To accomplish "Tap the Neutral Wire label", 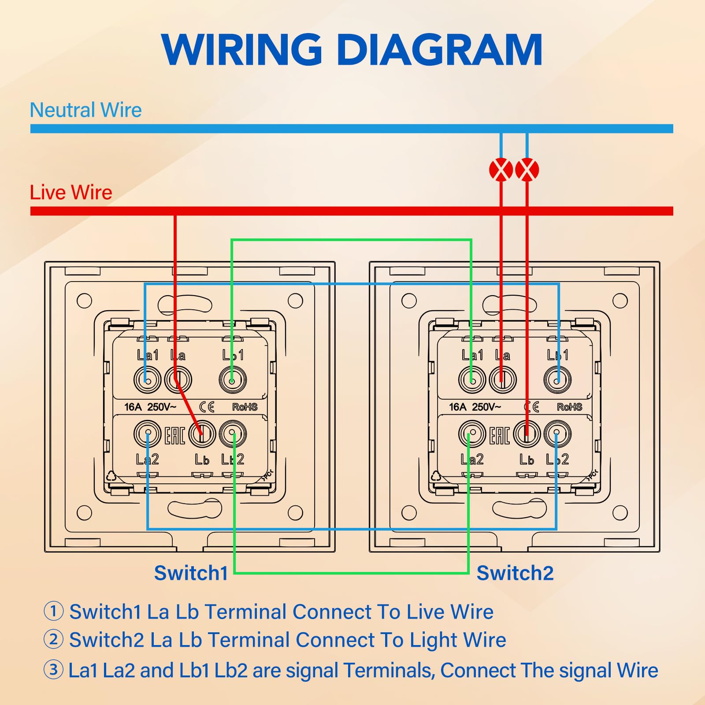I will point(85,110).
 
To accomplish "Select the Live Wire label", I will point(71,193).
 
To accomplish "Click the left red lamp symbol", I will point(501,170).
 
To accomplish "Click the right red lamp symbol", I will point(527,170).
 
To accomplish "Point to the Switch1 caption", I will point(191,573).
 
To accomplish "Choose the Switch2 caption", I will point(515,573).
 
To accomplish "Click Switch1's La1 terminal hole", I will point(147,380).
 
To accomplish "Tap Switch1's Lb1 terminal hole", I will point(233,380).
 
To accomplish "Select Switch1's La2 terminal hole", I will point(147,434).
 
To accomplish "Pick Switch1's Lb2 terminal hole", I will point(233,434).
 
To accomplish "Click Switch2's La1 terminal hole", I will point(472,380).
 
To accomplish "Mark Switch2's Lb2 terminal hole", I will point(557,434).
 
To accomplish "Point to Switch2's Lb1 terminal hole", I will point(557,380).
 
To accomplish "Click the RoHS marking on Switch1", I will point(245,407).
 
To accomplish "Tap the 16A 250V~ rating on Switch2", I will point(475,407).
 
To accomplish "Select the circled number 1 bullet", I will point(53,611).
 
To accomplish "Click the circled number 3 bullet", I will point(53,670).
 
